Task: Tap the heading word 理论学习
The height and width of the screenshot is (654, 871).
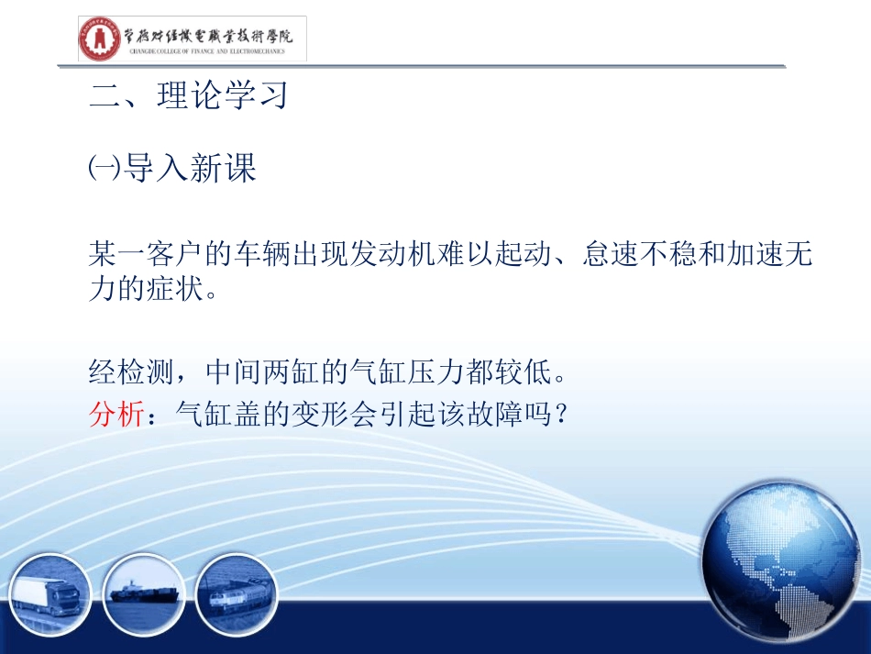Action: [223, 96]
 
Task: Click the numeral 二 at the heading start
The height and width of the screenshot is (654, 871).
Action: [105, 96]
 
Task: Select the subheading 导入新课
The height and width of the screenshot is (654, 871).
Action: [190, 168]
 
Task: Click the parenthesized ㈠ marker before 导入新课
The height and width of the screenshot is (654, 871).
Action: [102, 168]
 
